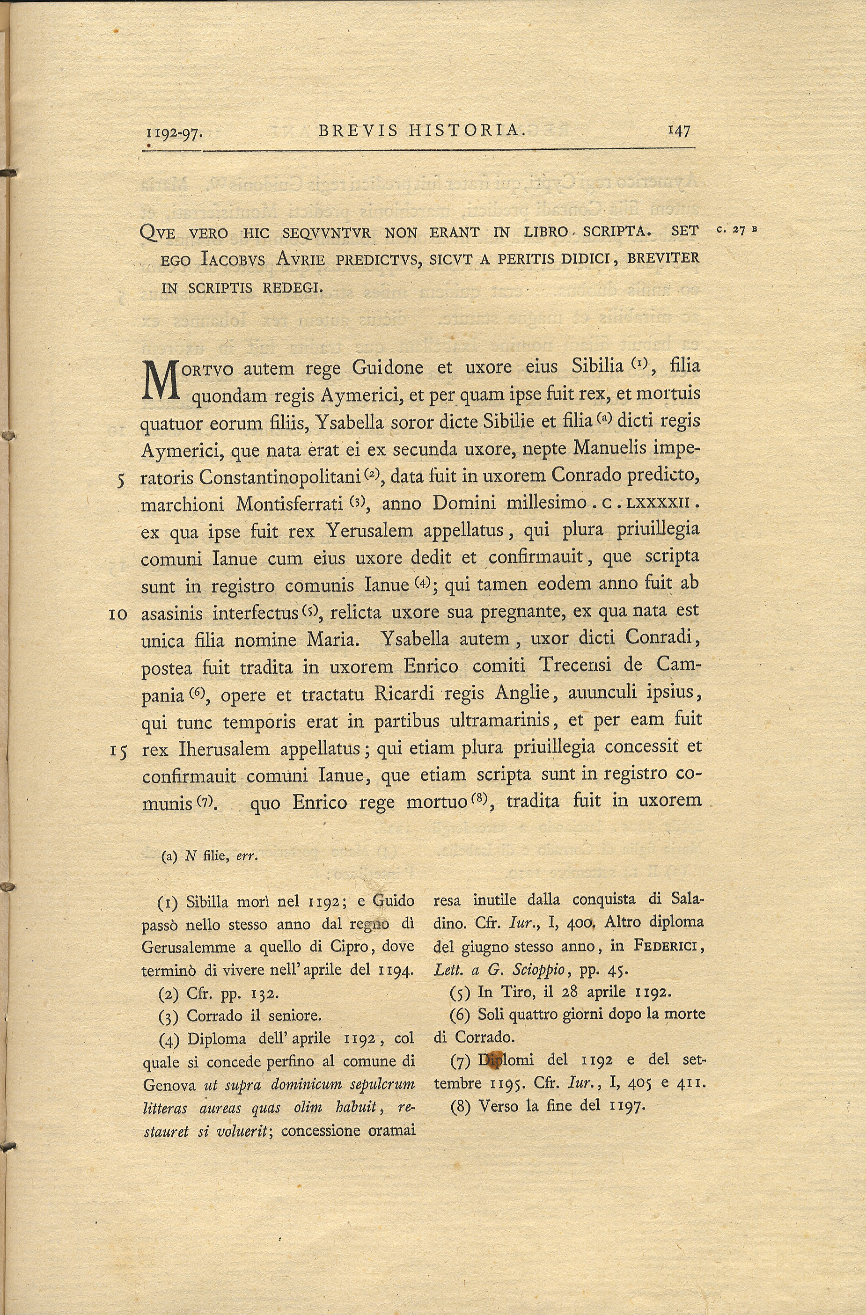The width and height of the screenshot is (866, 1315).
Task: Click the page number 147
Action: click(679, 131)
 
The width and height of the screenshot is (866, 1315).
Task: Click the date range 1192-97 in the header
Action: click(174, 133)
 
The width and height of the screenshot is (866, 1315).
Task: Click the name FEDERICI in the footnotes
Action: click(668, 946)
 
